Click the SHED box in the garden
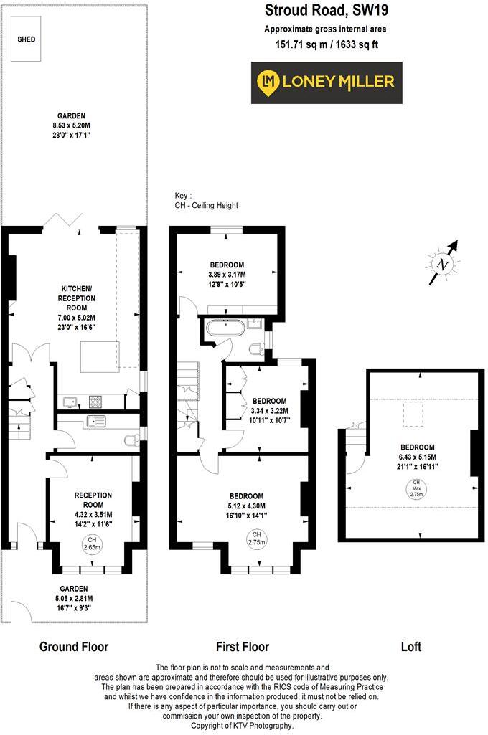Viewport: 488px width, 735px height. pyautogui.click(x=27, y=39)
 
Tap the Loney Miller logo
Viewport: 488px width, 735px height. pyautogui.click(x=327, y=82)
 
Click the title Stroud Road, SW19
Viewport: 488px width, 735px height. pyautogui.click(x=325, y=10)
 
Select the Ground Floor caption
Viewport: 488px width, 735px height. pyautogui.click(x=74, y=647)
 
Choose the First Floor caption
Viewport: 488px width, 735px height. pyautogui.click(x=243, y=647)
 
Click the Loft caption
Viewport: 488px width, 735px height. pyautogui.click(x=411, y=647)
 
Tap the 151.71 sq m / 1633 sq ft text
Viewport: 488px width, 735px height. pyautogui.click(x=325, y=44)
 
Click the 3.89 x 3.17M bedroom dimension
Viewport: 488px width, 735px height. pyautogui.click(x=227, y=275)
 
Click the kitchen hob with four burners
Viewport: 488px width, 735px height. pyautogui.click(x=96, y=401)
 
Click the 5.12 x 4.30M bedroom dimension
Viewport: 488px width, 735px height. pyautogui.click(x=246, y=506)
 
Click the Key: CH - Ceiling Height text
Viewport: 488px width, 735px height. pyautogui.click(x=207, y=200)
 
